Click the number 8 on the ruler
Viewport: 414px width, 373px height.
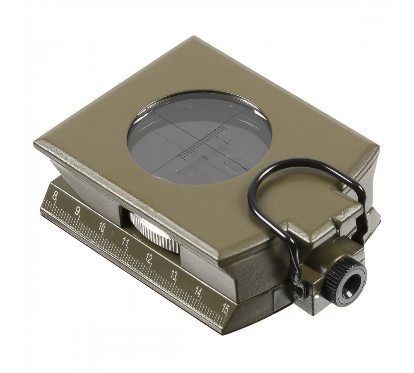(55, 196)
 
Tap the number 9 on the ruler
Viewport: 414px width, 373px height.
(78, 211)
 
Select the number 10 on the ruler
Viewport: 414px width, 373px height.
(102, 227)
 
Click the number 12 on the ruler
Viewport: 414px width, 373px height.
(149, 258)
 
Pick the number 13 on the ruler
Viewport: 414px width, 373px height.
(173, 275)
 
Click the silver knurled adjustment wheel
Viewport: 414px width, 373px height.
(155, 232)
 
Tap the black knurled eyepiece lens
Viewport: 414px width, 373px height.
(346, 282)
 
